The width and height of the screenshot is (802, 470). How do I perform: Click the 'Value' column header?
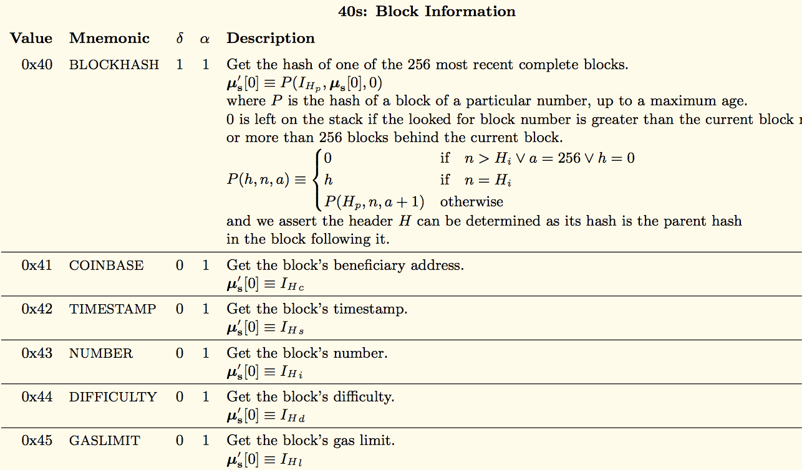click(x=31, y=38)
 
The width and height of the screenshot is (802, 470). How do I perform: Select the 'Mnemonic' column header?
click(x=109, y=38)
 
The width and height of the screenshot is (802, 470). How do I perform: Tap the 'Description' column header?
click(x=271, y=38)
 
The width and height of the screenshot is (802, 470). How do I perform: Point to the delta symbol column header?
click(x=180, y=38)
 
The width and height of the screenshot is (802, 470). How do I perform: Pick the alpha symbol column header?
click(x=205, y=39)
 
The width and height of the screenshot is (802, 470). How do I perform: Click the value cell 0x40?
click(x=37, y=64)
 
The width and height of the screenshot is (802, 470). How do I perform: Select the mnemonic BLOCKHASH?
click(x=114, y=64)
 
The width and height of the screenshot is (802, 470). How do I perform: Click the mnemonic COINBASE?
click(x=106, y=265)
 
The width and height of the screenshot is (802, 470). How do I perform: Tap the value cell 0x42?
click(x=37, y=309)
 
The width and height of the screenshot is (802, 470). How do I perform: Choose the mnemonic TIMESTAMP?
click(x=112, y=309)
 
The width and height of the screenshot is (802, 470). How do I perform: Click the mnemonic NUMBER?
click(x=101, y=353)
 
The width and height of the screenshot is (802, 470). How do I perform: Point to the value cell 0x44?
click(x=37, y=396)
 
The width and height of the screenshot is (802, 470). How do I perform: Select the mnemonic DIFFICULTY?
click(x=113, y=396)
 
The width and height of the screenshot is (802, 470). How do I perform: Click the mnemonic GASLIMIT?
click(x=105, y=440)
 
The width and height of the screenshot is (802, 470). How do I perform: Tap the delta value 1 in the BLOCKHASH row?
click(x=180, y=64)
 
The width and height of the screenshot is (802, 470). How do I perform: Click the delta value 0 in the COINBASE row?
click(x=180, y=265)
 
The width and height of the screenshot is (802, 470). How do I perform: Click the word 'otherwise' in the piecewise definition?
click(x=471, y=201)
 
